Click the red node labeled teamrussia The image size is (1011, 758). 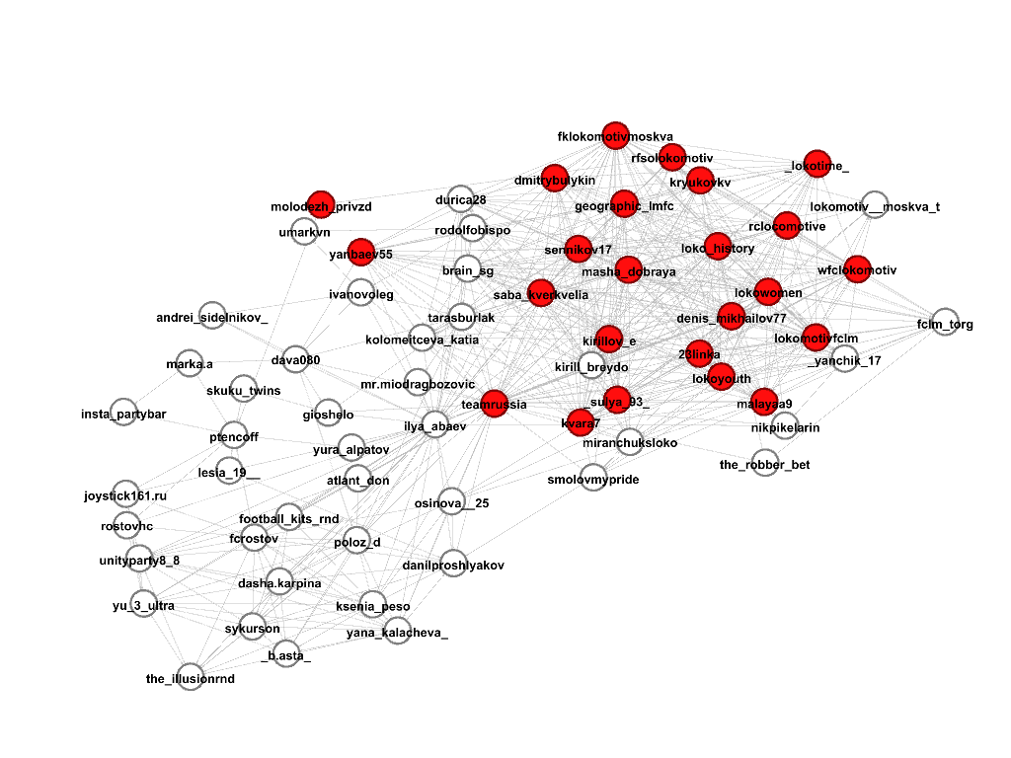(x=496, y=403)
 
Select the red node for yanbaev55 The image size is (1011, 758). (x=362, y=252)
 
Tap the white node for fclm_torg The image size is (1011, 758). (x=945, y=322)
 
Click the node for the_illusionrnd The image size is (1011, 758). (x=191, y=677)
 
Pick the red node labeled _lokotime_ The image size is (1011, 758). (x=817, y=164)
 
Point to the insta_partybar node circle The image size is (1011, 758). (x=123, y=412)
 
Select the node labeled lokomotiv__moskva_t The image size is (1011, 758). (x=875, y=204)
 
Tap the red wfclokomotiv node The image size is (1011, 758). (x=857, y=268)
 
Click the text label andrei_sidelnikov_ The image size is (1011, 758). (x=211, y=318)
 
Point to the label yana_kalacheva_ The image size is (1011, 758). (x=397, y=634)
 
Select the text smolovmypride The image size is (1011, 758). (x=593, y=480)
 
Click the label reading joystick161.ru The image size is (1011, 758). (x=125, y=495)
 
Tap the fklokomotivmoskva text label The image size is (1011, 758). (x=615, y=136)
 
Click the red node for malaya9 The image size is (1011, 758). (x=765, y=402)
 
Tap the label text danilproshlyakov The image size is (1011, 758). (x=453, y=566)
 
